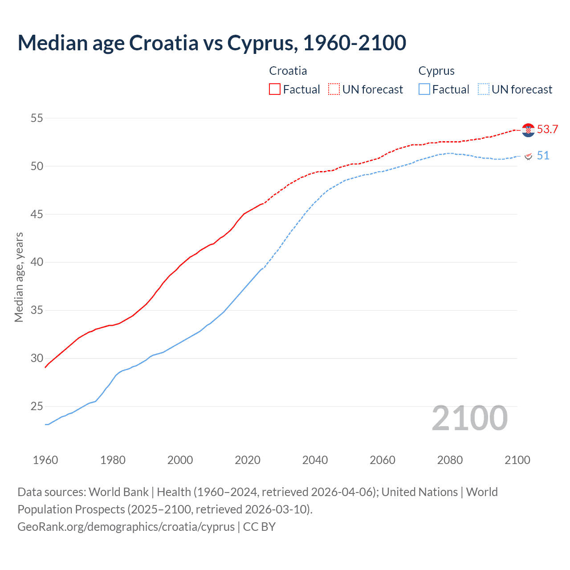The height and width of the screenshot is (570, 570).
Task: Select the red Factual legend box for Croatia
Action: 275,89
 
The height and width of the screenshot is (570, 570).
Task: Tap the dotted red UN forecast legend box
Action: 334,89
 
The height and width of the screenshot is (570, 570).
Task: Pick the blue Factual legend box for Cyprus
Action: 424,89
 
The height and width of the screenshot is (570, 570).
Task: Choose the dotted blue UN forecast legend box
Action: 483,89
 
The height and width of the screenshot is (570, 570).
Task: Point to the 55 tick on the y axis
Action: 37,118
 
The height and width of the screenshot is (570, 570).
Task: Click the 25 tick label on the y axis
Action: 37,406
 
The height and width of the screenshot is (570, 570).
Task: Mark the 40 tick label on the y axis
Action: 37,262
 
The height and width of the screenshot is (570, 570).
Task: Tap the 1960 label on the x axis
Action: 45,460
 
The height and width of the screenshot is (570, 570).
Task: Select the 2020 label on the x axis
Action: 248,460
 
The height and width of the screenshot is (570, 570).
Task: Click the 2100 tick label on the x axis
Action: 517,460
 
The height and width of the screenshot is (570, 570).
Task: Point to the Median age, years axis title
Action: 19,277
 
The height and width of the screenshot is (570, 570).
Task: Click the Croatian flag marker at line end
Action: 528,130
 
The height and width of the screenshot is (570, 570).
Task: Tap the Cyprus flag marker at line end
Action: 528,156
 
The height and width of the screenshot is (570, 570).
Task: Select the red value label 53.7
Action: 547,130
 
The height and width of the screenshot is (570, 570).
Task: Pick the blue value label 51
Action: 543,155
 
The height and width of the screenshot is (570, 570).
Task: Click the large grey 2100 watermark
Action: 469,418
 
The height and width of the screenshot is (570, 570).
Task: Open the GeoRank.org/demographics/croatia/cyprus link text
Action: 126,527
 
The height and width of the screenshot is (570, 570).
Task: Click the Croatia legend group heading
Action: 288,71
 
